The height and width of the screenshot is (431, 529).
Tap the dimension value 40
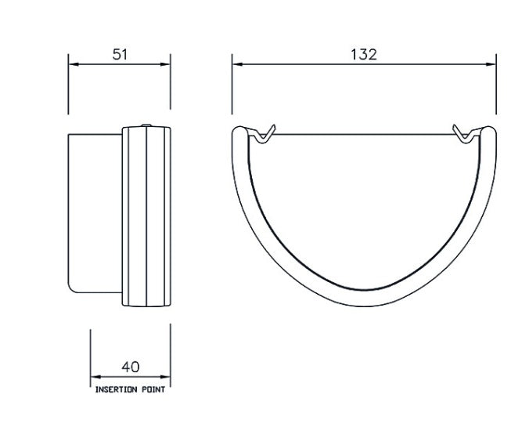pos(131,366)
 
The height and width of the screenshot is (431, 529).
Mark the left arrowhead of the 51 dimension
pos(73,63)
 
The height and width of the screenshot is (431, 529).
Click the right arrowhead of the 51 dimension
pos(167,63)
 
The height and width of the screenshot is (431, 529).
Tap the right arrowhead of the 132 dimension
pos(493,63)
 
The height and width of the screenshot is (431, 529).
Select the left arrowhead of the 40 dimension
pos(94,375)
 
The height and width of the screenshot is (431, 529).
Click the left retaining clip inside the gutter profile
pos(264,132)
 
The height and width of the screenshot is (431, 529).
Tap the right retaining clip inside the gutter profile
pos(465,132)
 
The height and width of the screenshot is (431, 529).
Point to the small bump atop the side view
pos(146,124)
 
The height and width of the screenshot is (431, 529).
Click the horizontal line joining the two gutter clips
pos(364,136)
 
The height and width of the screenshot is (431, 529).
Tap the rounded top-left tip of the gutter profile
pos(239,130)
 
